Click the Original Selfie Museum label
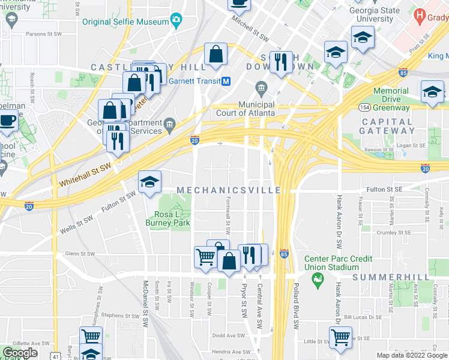coord(125,22)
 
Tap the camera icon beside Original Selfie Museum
coord(176,21)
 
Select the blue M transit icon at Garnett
coord(226,82)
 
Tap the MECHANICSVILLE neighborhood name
coord(229,190)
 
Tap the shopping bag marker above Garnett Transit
coord(215,54)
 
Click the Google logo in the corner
coord(20,353)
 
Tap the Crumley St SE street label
coord(391,232)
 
